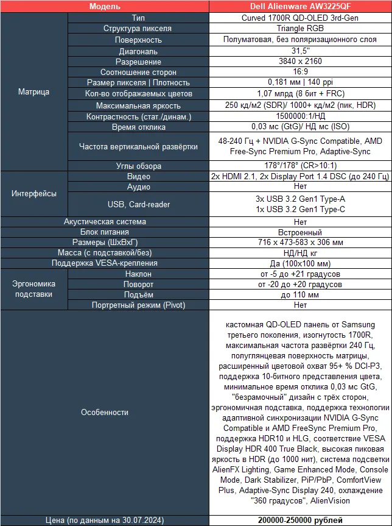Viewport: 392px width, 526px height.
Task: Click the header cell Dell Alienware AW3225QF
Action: (x=299, y=7)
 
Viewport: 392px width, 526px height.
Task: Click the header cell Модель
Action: (x=104, y=7)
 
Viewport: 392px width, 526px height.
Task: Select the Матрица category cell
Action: (x=33, y=92)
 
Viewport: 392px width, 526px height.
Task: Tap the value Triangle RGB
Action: (x=299, y=29)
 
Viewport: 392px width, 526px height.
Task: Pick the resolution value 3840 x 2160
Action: (x=299, y=62)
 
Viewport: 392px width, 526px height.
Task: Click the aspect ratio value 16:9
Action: (x=299, y=72)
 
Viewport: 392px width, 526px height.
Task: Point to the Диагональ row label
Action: (x=138, y=51)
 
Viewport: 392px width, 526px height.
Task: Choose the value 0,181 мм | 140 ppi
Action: (x=299, y=82)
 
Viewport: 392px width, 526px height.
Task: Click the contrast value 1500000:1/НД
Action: (x=299, y=116)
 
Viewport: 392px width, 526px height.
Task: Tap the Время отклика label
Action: (x=138, y=127)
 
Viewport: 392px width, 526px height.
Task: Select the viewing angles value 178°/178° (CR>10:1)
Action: (x=299, y=165)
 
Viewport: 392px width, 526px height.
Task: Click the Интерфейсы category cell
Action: (x=33, y=193)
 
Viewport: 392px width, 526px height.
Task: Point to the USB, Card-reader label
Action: (x=138, y=204)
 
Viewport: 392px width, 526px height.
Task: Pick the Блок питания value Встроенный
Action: (x=299, y=232)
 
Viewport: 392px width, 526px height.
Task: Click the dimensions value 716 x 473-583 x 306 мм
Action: (x=299, y=243)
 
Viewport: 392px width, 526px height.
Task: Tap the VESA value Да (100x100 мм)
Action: (x=299, y=263)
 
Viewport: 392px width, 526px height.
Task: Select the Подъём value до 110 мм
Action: (x=299, y=294)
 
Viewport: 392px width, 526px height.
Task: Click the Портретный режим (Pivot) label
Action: (x=138, y=305)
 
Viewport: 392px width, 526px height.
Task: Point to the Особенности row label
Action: (x=104, y=412)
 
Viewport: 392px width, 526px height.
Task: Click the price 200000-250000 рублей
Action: (x=299, y=520)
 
